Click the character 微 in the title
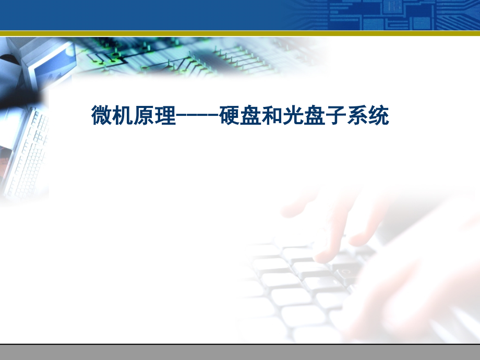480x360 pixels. coord(102,115)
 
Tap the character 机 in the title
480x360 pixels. coord(123,115)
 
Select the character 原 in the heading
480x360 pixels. coord(145,115)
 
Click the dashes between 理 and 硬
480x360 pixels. coord(198,116)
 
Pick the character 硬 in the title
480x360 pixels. coord(229,115)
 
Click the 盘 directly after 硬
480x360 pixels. coord(251,115)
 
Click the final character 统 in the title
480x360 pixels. coord(379,115)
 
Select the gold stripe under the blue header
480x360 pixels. coord(240,33)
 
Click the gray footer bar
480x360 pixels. coord(240,352)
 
